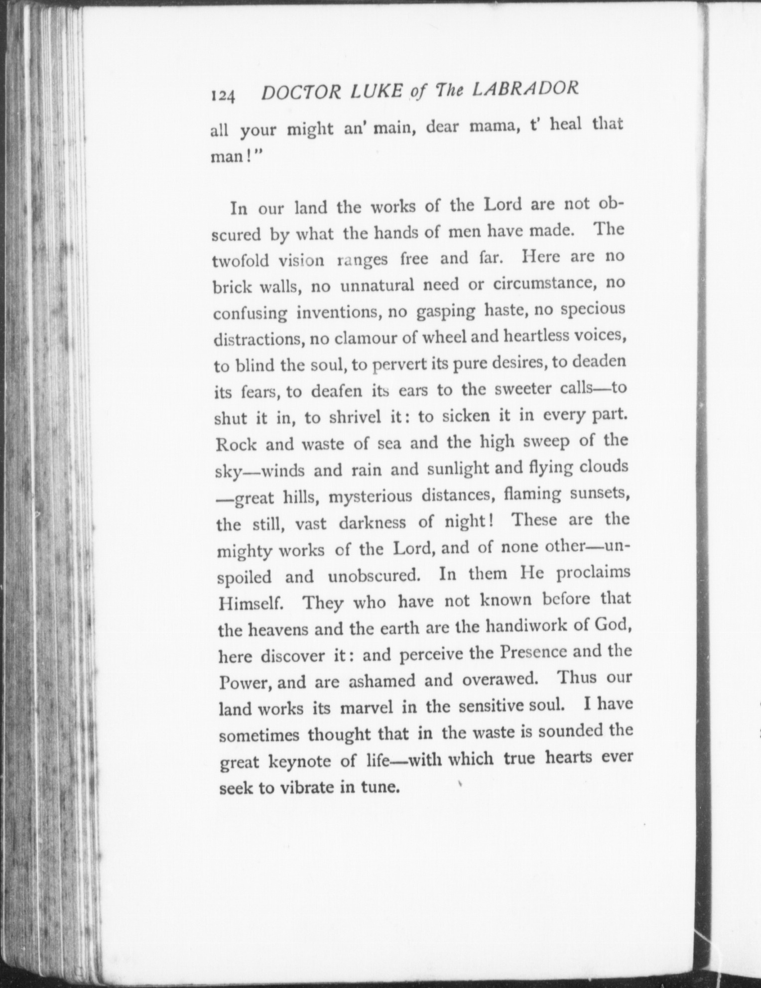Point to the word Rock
[236, 444]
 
